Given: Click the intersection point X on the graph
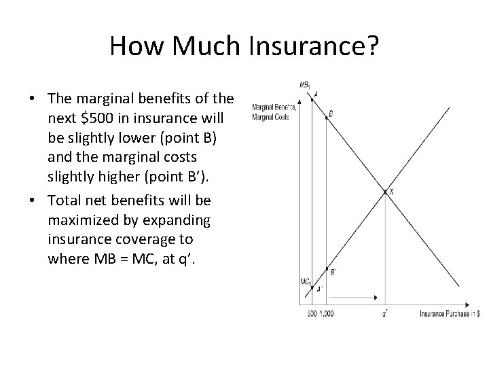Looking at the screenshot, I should point(386,192).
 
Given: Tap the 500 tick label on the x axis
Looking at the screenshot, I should point(312,313).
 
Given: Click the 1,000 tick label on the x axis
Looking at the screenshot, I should point(327,313).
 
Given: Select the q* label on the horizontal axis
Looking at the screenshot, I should point(386,313).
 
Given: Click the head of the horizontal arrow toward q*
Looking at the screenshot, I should point(377,298).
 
